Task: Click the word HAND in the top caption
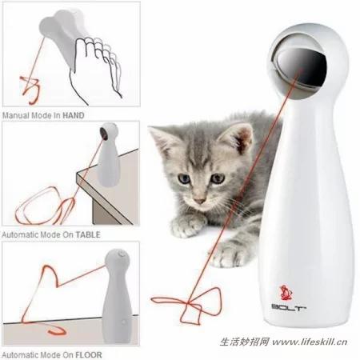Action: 74,115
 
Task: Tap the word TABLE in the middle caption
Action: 88,234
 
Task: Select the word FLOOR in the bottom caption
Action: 89,355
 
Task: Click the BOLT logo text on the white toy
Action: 289,307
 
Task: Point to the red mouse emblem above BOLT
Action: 286,293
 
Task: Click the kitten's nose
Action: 199,200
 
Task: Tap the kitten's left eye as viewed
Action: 184,178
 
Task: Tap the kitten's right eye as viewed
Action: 218,178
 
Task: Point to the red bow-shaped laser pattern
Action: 186,304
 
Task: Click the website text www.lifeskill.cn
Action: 310,342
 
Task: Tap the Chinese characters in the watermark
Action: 244,342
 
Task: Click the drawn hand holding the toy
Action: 98,70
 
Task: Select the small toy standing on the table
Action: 109,154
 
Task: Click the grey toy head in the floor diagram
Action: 118,261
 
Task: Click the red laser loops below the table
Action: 46,206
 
